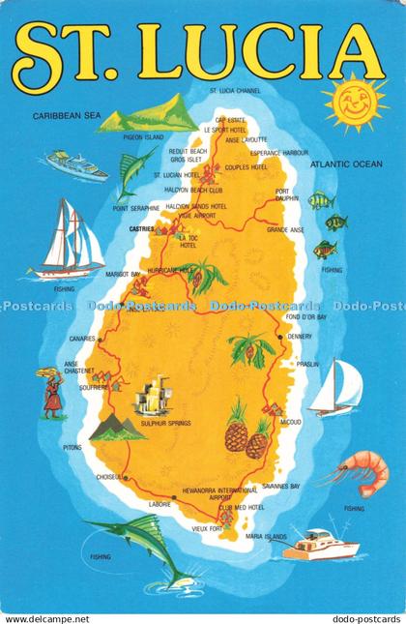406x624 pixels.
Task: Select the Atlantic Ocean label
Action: point(346,165)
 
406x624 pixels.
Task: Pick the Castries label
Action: point(141,229)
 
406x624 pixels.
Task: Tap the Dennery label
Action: point(301,337)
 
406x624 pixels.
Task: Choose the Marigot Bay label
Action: point(124,274)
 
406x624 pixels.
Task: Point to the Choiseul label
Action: point(109,477)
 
